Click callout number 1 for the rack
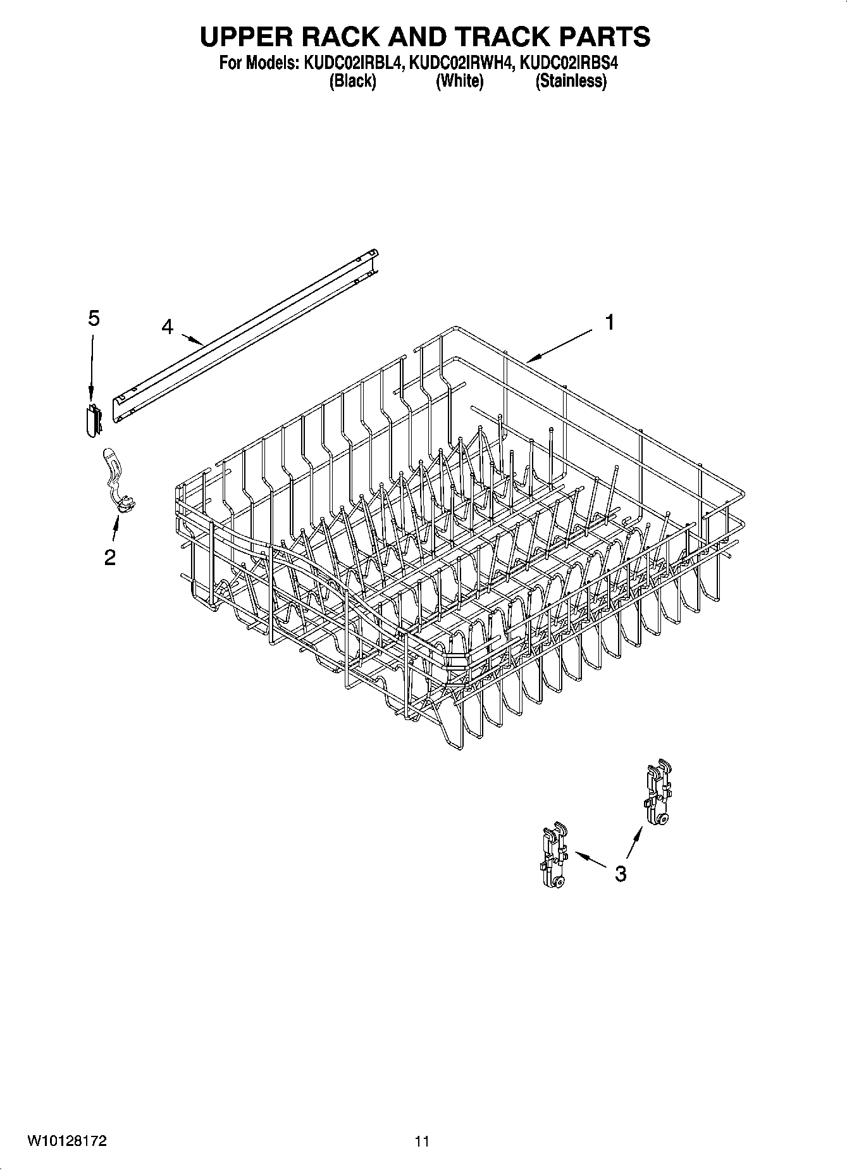(x=609, y=323)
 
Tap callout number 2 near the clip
(x=110, y=557)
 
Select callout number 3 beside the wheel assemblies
(x=621, y=874)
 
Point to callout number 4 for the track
(x=167, y=327)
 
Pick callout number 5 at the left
(x=94, y=318)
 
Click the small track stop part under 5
(x=93, y=419)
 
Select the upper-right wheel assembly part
(x=658, y=792)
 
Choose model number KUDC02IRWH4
(x=461, y=63)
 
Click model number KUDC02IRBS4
(x=567, y=63)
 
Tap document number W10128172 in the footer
(x=66, y=1141)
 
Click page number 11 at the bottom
(x=422, y=1142)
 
